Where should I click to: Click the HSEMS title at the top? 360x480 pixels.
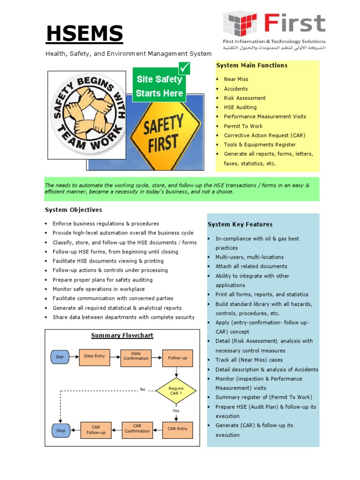pyautogui.click(x=84, y=34)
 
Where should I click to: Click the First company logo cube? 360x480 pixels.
pyautogui.click(x=240, y=24)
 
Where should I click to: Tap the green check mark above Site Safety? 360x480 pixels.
pyautogui.click(x=185, y=68)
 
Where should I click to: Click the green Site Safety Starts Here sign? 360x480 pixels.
pyautogui.click(x=159, y=86)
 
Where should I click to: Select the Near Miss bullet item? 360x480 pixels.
pyautogui.click(x=236, y=79)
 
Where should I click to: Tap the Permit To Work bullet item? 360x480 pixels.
pyautogui.click(x=243, y=126)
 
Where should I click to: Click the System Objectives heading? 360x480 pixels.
pyautogui.click(x=73, y=210)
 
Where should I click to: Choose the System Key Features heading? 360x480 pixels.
pyautogui.click(x=240, y=225)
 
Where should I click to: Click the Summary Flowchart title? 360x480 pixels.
pyautogui.click(x=122, y=335)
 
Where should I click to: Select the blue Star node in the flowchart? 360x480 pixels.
pyautogui.click(x=60, y=357)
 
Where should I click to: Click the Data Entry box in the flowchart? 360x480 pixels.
pyautogui.click(x=94, y=356)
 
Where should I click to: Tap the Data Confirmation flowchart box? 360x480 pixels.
pyautogui.click(x=136, y=356)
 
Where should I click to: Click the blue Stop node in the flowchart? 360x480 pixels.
pyautogui.click(x=60, y=430)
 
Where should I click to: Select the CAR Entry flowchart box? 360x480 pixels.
pyautogui.click(x=178, y=429)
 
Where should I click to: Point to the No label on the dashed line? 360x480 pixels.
pyautogui.click(x=142, y=390)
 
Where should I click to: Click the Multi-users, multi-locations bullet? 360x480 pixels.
pyautogui.click(x=249, y=257)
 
